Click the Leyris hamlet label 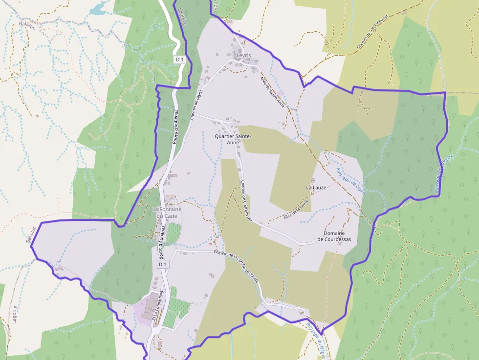243,56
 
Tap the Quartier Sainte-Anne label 233,139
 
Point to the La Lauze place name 316,187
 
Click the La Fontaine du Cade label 167,212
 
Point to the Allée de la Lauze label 296,209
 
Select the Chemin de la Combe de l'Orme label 236,264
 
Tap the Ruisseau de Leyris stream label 351,182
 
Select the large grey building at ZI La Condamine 152,299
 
